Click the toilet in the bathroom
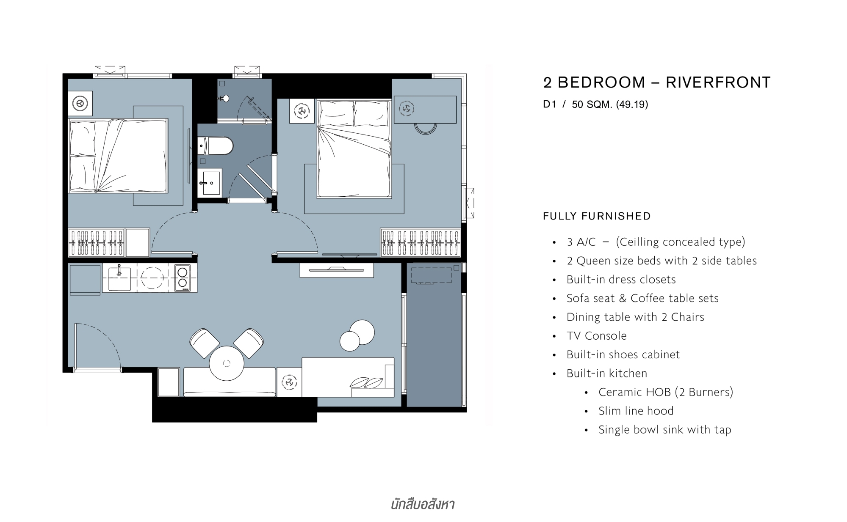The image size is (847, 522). [216, 146]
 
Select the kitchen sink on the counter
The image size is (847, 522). [119, 278]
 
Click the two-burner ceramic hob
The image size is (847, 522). [183, 277]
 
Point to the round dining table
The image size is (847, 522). [227, 363]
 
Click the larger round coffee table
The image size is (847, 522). [362, 332]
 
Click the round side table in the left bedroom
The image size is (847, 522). [80, 103]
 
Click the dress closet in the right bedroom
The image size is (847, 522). [420, 242]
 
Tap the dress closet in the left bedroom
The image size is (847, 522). [96, 242]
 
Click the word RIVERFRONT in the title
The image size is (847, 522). [718, 82]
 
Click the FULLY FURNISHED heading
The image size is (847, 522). [597, 216]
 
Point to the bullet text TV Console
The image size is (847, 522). [597, 336]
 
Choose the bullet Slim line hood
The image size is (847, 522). [636, 411]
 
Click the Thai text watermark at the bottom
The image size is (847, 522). [423, 504]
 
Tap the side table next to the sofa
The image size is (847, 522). [289, 382]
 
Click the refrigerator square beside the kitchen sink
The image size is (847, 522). [85, 280]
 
